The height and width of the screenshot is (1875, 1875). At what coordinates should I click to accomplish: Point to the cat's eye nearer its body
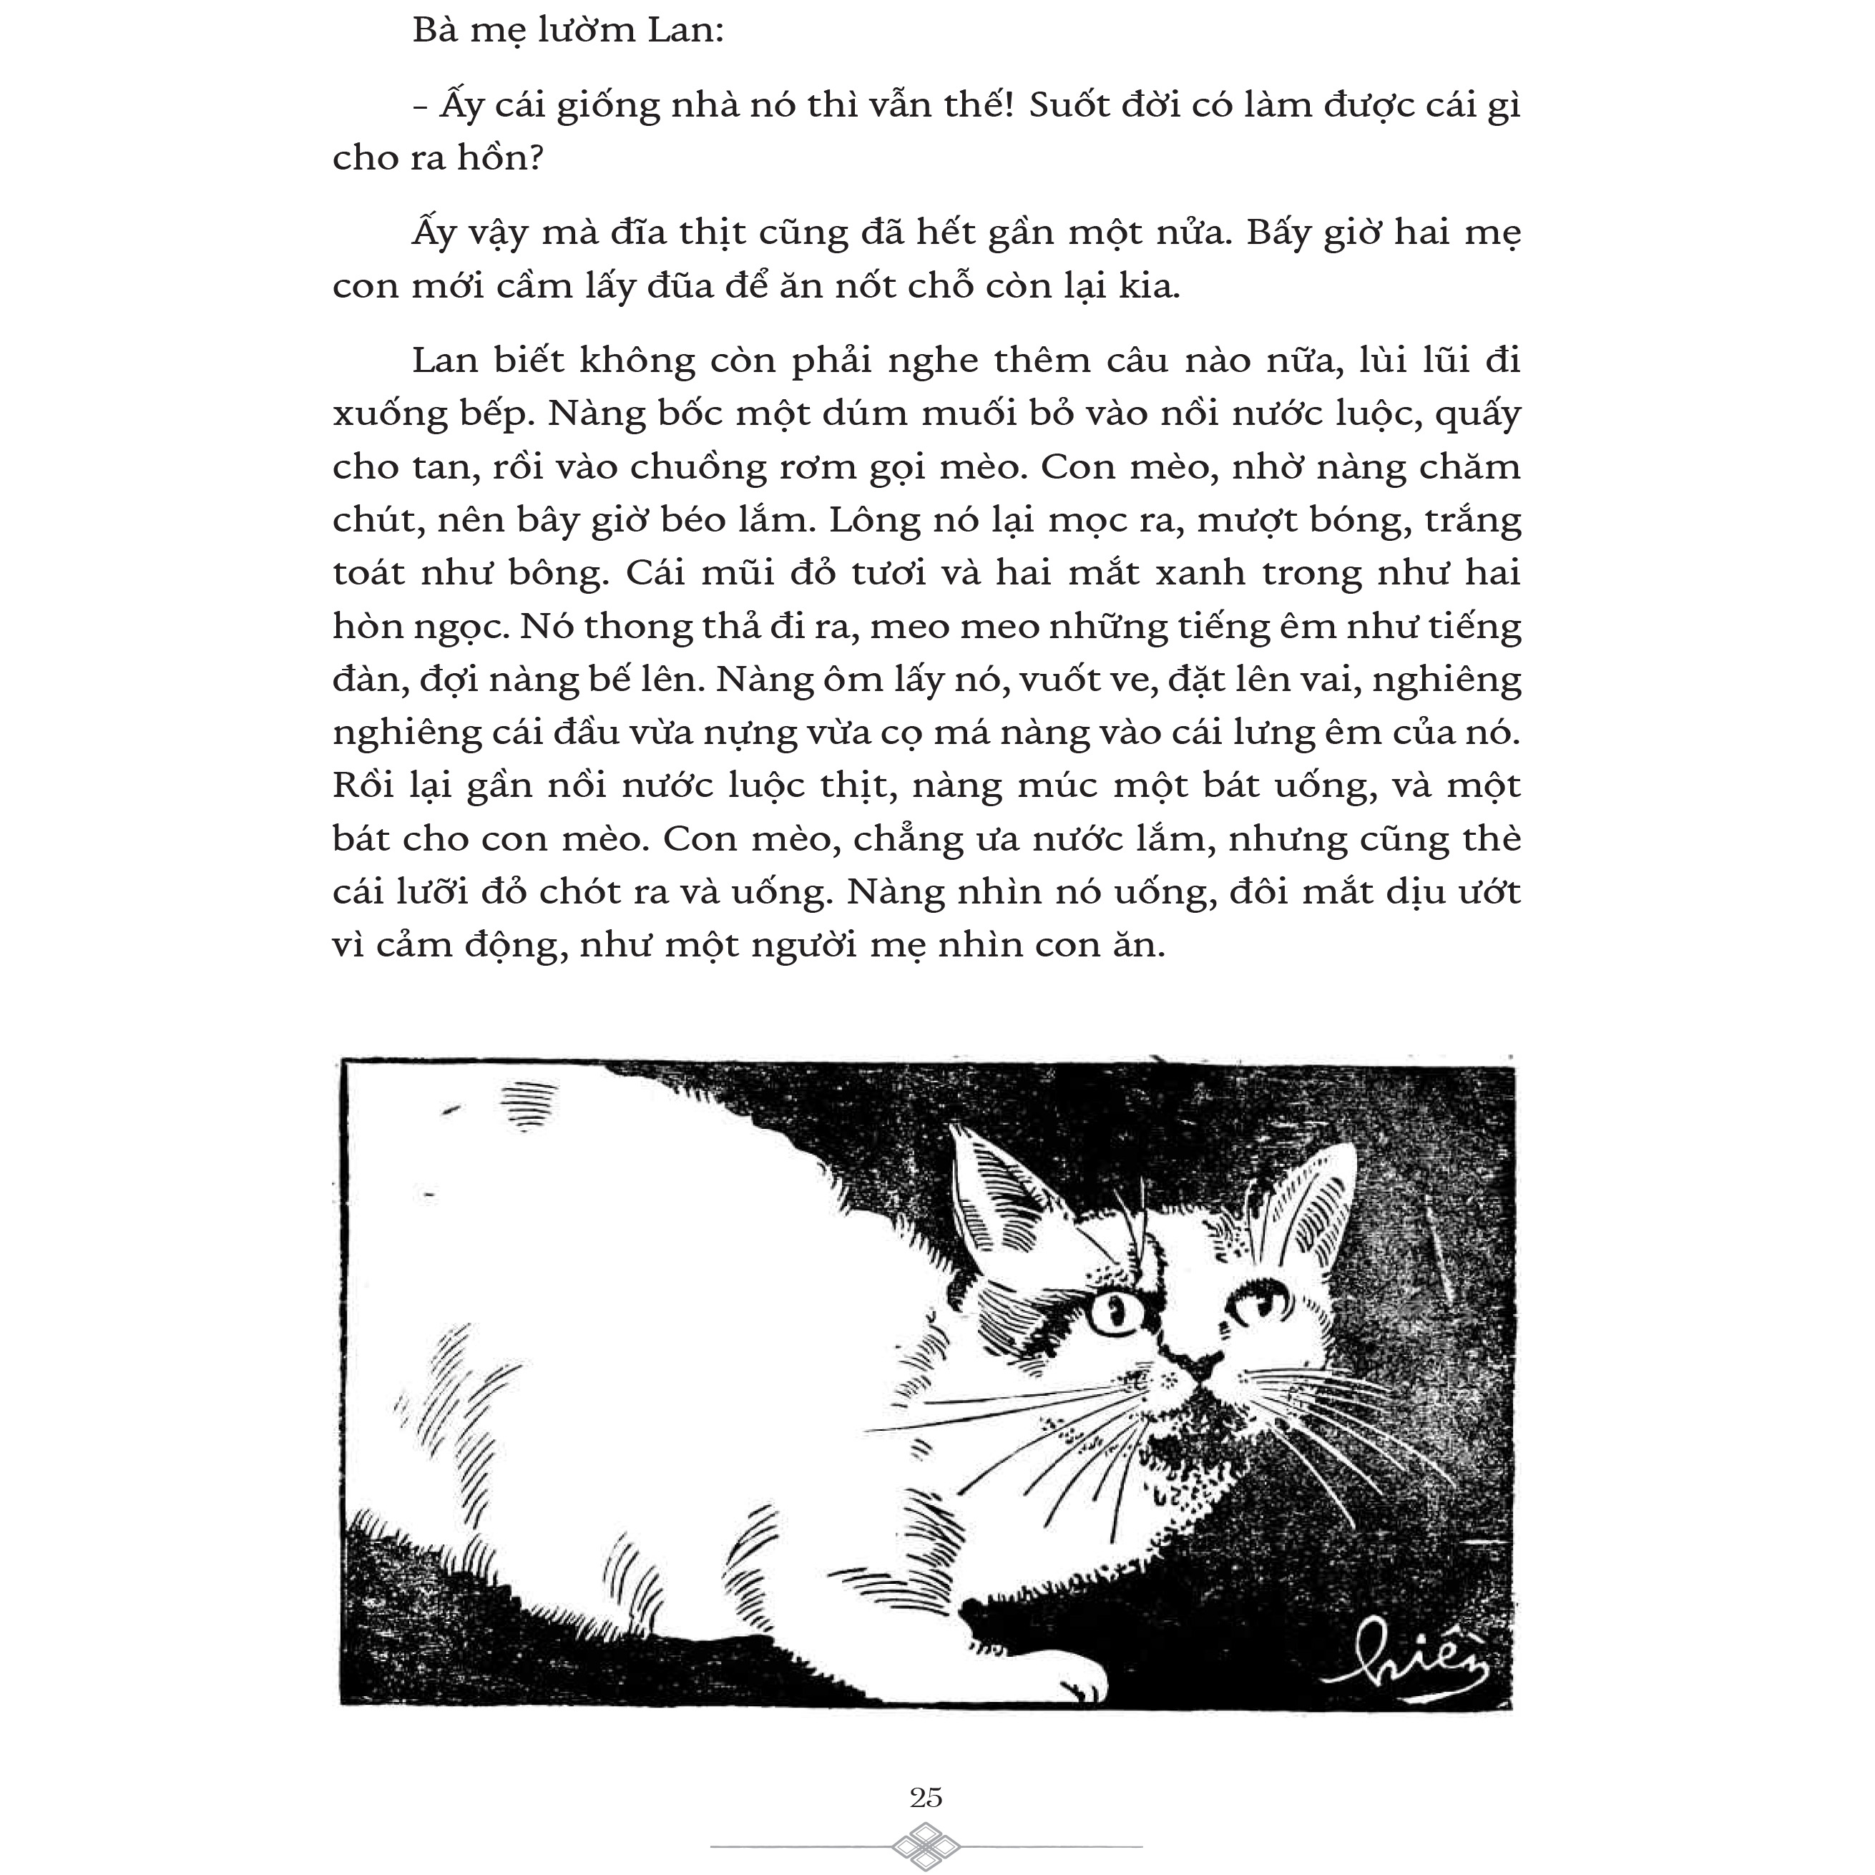click(1112, 1314)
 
